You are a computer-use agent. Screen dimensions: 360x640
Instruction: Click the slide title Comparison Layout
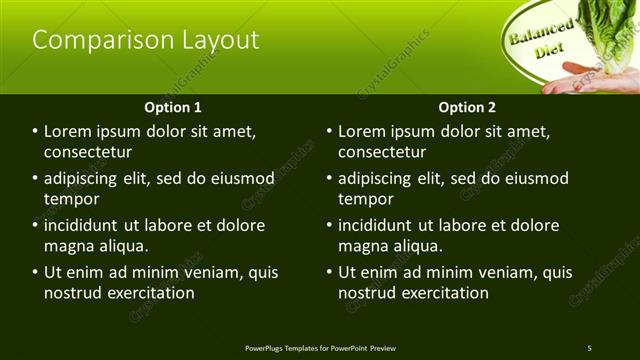point(146,40)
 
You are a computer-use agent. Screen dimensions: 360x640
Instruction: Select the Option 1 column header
point(173,107)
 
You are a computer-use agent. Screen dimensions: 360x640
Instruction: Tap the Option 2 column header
point(467,107)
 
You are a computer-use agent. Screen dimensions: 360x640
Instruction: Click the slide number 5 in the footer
point(589,348)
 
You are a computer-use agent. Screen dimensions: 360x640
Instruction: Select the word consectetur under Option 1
point(88,152)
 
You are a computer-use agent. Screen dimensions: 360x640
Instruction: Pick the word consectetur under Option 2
point(382,152)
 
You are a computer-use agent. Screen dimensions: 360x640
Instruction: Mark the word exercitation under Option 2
point(445,293)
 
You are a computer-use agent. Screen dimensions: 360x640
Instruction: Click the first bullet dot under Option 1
point(36,131)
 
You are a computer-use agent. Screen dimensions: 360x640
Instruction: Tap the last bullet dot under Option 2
point(330,272)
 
